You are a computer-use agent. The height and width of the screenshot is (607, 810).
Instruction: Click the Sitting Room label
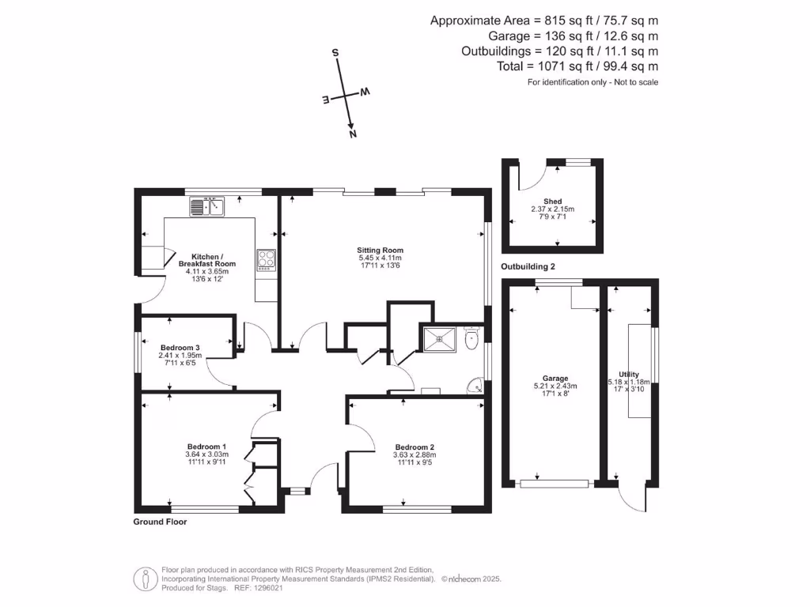tap(380, 250)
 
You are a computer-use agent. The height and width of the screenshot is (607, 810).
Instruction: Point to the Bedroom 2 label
tap(414, 447)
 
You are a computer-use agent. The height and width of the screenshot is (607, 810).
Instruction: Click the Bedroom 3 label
tap(180, 347)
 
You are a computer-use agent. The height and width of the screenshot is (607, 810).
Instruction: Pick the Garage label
tap(556, 378)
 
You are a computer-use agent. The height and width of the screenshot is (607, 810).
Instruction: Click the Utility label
tap(629, 375)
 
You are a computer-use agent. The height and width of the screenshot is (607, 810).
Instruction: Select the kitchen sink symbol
tap(207, 206)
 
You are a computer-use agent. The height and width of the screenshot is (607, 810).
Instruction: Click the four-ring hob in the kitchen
tap(265, 259)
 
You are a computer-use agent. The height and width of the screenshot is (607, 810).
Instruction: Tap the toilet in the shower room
tap(471, 340)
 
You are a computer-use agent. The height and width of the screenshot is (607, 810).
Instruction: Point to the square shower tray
tap(437, 338)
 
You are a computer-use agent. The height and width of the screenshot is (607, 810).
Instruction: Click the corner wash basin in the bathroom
tap(475, 386)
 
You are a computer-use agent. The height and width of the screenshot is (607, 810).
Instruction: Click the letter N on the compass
tap(353, 134)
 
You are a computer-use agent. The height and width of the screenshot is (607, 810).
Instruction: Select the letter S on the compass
tap(335, 53)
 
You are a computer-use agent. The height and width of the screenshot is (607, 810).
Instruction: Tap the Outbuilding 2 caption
tap(528, 267)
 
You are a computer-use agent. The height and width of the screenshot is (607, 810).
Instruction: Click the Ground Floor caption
tap(160, 522)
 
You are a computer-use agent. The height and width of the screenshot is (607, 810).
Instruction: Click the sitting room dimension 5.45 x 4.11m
tap(380, 258)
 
